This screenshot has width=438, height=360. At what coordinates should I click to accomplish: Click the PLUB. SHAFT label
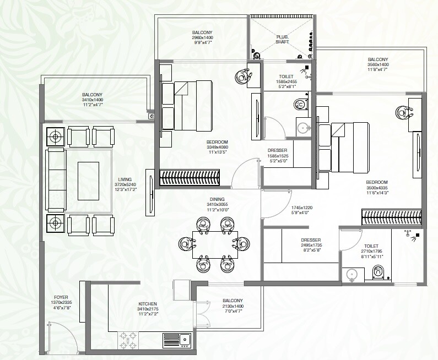[x=282, y=39]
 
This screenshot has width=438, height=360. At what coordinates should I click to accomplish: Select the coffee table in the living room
[x=88, y=181]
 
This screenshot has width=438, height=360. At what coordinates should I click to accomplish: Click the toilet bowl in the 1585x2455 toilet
[x=300, y=103]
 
